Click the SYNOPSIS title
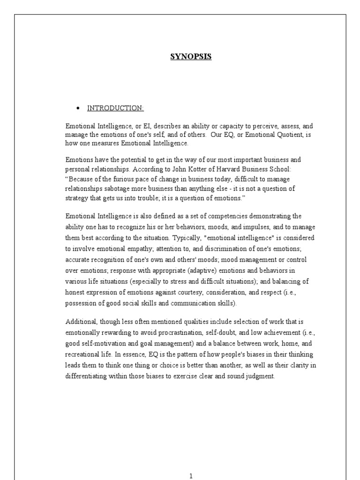(x=190, y=57)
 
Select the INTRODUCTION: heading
(x=115, y=108)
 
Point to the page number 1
(x=191, y=476)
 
